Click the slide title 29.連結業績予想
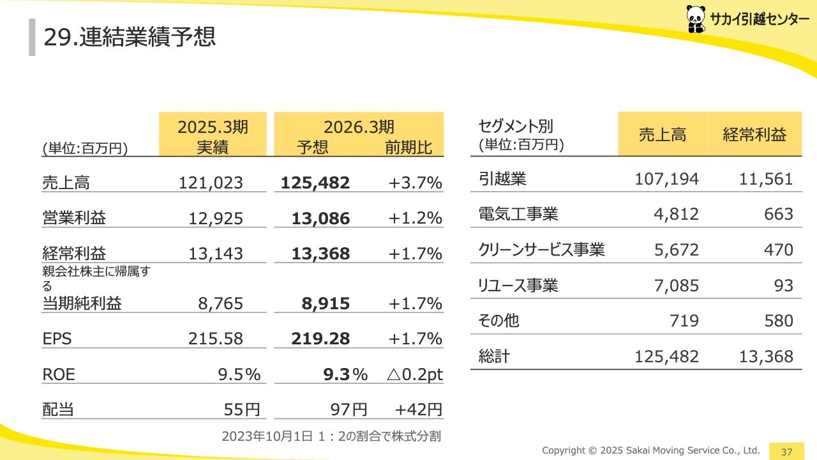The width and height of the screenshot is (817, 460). coord(130,37)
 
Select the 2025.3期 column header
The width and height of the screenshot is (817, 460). coord(213,127)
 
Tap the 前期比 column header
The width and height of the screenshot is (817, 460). coord(408,148)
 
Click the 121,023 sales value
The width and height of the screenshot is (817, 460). coord(211,183)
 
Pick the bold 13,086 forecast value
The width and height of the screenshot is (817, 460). coord(320,218)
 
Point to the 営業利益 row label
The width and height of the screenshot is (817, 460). coord(74,218)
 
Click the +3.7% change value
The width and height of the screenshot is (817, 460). coord(416,183)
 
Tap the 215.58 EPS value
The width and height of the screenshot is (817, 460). coord(216,339)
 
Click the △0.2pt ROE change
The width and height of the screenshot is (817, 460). coord(415,374)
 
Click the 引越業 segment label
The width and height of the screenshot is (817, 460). coord(502,179)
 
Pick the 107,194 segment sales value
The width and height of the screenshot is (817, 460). coord(666,179)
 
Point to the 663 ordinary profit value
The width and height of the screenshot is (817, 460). coord(779,214)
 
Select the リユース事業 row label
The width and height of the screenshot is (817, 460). coord(518,285)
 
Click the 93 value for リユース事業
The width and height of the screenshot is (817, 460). coord(783,285)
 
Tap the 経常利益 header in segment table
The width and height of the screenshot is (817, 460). coord(754,134)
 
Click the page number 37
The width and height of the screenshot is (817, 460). coord(786,452)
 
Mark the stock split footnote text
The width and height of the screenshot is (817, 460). coord(331,436)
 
